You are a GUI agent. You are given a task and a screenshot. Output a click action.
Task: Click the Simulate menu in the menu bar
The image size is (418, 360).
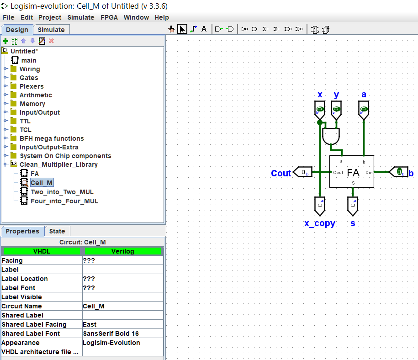click(81, 17)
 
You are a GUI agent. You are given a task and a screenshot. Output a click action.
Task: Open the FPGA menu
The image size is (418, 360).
click(109, 17)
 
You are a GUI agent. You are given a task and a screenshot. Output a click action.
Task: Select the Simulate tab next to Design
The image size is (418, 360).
click(51, 30)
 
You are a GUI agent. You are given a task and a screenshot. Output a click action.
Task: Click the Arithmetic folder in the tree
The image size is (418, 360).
click(35, 95)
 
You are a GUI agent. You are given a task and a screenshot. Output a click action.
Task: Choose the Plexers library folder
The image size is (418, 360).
click(31, 86)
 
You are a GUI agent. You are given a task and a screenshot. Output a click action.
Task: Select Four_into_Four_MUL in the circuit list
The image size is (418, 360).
click(64, 201)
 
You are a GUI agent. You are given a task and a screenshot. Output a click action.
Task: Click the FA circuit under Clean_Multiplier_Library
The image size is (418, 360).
click(34, 174)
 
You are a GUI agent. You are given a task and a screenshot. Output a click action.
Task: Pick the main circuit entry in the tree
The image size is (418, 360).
click(28, 60)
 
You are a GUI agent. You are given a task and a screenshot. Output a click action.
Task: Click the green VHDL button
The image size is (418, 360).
click(42, 251)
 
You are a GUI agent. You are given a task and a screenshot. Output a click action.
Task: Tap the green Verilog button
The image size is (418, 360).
click(122, 251)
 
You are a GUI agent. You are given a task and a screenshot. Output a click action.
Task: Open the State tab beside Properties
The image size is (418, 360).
click(57, 231)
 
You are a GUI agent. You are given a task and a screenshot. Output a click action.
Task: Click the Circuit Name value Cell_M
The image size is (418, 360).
click(94, 306)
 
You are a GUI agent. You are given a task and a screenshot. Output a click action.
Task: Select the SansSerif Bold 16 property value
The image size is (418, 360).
click(111, 334)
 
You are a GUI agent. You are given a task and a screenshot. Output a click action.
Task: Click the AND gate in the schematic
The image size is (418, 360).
click(331, 136)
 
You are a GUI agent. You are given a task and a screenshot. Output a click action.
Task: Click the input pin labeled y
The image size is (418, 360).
click(336, 110)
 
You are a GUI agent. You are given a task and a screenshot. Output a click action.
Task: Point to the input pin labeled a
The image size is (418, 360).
click(364, 110)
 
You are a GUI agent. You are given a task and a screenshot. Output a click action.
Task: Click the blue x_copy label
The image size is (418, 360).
click(320, 223)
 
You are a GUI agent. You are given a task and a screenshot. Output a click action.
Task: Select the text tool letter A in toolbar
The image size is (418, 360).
click(204, 29)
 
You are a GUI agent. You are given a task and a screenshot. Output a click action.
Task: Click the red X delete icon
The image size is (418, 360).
click(51, 41)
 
